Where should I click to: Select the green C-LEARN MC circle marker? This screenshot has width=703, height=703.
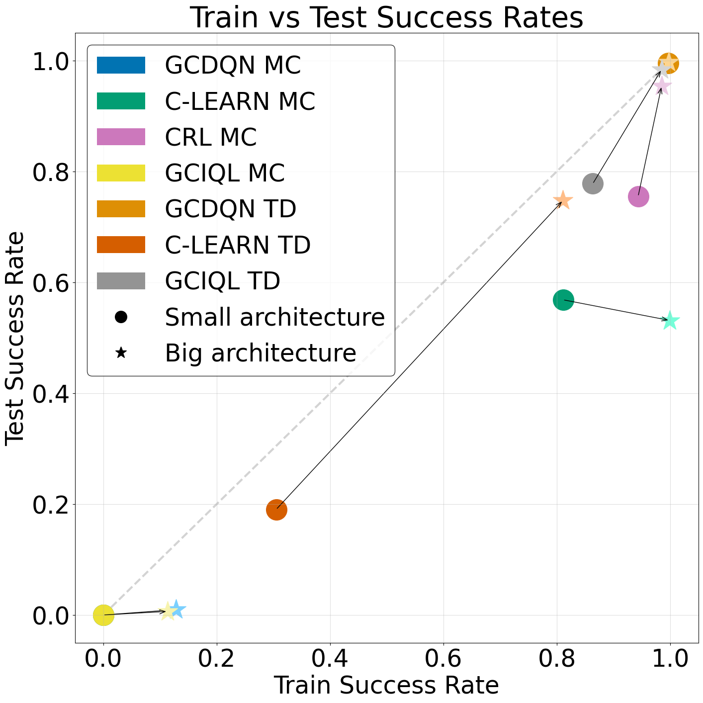563,300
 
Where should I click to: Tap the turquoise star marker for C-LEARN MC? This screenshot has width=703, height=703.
670,321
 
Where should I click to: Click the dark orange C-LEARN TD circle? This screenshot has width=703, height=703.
276,510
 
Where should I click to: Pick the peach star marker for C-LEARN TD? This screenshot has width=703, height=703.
563,200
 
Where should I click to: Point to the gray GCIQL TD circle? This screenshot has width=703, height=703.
593,183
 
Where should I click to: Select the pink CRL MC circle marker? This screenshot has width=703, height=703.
638,196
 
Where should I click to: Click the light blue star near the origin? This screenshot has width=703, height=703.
176,610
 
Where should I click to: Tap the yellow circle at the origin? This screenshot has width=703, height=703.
103,615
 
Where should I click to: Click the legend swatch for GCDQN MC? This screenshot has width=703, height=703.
121,65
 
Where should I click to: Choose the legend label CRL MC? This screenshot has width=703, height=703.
211,137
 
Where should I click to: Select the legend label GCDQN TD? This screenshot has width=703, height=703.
231,209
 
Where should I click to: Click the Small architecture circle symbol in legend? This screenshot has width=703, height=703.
121,317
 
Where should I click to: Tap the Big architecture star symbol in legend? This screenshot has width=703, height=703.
121,353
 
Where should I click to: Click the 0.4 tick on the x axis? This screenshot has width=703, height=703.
330,658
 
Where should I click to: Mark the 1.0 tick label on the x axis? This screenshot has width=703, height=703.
670,658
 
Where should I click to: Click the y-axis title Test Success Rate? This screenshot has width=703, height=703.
15,338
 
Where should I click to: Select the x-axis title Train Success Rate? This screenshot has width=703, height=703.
386,686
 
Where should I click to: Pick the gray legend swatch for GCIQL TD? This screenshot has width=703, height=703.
121,281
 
